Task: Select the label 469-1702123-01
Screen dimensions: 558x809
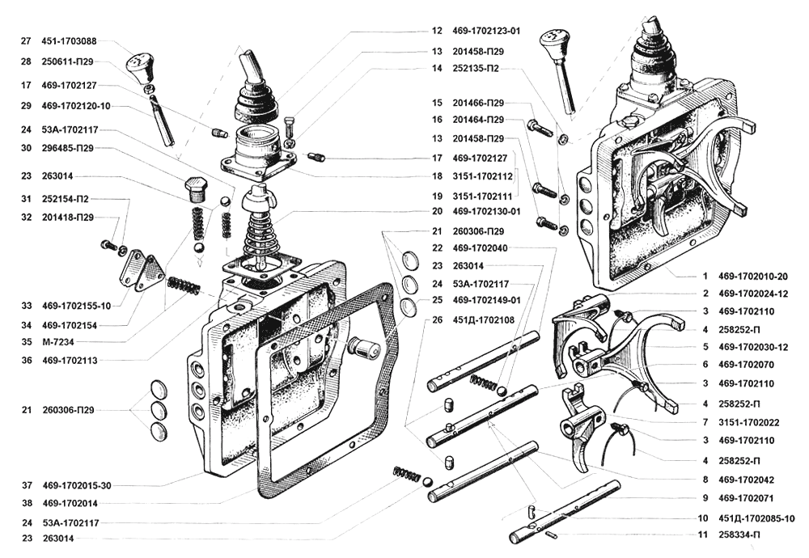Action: [486, 32]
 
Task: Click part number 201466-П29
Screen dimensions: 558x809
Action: [480, 103]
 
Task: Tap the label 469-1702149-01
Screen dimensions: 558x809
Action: [486, 300]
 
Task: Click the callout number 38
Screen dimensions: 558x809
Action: [26, 502]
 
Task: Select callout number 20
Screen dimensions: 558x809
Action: [437, 211]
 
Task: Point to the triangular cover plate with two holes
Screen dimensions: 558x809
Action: [141, 271]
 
